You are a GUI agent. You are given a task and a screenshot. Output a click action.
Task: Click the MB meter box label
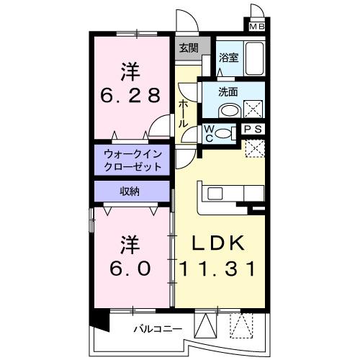click(x=256, y=27)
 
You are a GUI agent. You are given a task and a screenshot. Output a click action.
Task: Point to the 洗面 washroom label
click(x=230, y=91)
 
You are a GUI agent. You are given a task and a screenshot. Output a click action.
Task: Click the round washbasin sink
click(x=229, y=110)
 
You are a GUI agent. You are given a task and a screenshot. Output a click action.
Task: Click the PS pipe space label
click(x=253, y=129)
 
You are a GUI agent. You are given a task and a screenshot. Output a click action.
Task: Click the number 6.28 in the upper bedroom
click(x=130, y=95)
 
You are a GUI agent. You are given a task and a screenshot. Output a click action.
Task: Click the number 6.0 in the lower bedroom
click(x=130, y=268)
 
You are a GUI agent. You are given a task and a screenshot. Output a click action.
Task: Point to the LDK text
click(x=219, y=243)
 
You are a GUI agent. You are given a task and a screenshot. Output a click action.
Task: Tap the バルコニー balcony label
click(x=158, y=330)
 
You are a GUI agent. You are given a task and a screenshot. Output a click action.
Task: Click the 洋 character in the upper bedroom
click(x=130, y=71)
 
